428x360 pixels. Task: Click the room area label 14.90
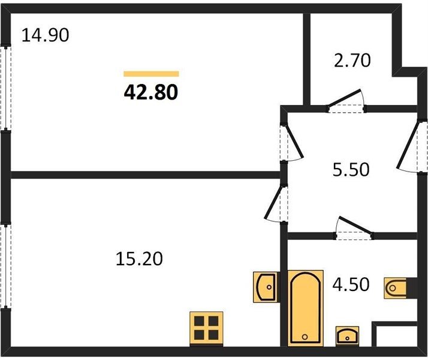45,35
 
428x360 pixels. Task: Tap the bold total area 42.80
151,92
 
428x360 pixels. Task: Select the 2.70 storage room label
352,61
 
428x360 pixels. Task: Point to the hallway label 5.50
351,169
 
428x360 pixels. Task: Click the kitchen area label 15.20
139,259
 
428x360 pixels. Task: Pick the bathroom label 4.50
351,284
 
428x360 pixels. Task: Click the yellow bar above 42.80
151,74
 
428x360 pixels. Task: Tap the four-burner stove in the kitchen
206,329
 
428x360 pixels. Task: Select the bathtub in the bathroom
306,308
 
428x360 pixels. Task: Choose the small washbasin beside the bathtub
347,336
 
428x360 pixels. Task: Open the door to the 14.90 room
292,143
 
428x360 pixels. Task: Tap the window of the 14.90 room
6,88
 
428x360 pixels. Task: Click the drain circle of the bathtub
305,337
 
